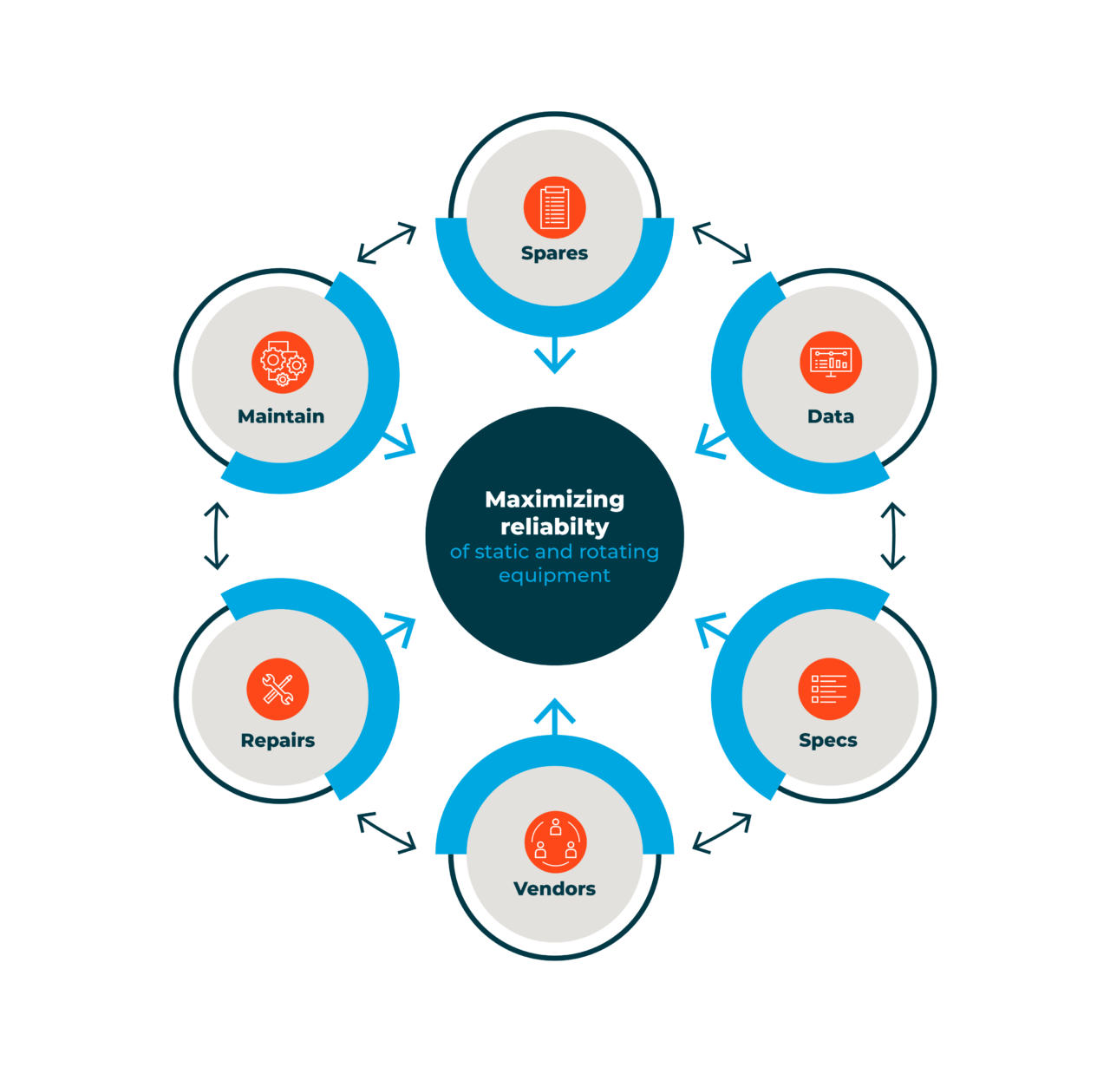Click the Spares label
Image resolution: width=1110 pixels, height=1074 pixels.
click(554, 253)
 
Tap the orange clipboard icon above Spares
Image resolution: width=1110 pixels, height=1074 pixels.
click(554, 207)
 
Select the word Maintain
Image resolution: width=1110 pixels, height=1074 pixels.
click(281, 416)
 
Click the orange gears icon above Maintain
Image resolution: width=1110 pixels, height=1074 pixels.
click(283, 363)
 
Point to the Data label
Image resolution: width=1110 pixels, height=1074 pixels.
click(831, 416)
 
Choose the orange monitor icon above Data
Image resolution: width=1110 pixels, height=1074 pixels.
click(831, 363)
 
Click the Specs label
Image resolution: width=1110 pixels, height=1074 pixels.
click(827, 740)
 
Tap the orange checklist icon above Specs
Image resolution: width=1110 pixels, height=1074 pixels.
click(829, 689)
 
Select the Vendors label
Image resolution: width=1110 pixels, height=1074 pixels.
click(554, 888)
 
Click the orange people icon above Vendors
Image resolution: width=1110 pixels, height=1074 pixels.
click(555, 842)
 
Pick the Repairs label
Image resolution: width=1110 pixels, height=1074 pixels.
click(277, 740)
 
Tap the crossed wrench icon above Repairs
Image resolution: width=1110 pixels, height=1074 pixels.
click(277, 689)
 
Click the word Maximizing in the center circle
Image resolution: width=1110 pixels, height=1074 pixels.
click(554, 500)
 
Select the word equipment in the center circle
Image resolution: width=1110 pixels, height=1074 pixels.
click(554, 575)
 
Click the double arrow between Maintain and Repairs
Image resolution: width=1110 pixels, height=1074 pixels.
click(216, 536)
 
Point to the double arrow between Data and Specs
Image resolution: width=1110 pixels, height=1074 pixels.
click(893, 536)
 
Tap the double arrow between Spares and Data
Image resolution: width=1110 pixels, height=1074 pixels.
click(721, 243)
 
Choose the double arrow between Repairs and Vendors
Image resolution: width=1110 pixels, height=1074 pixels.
click(387, 833)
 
